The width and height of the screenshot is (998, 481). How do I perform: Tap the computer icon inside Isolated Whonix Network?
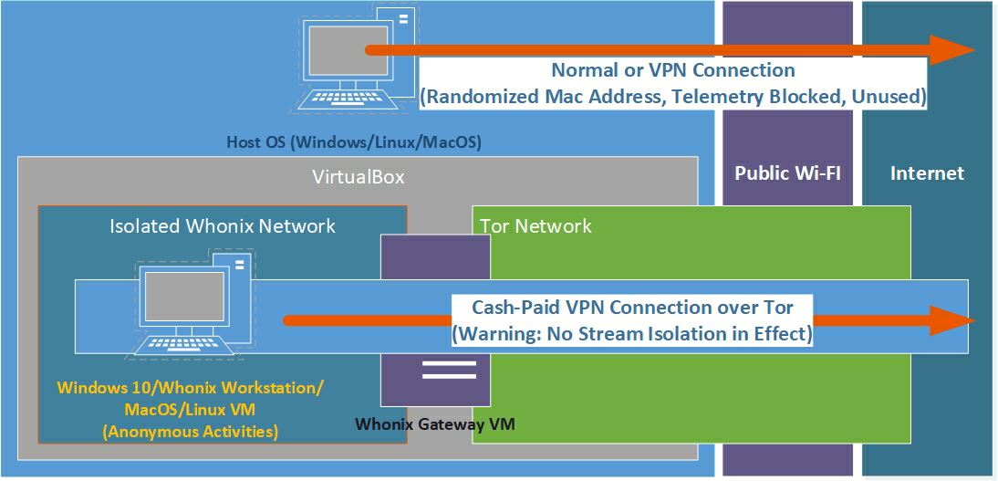[187, 305]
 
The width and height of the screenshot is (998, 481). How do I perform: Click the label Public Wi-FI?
[787, 173]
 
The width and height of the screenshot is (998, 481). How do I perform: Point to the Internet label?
[927, 173]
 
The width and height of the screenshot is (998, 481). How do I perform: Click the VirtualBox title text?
[358, 177]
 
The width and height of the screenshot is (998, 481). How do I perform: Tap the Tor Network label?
[536, 225]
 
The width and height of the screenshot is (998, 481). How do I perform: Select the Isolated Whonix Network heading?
[223, 225]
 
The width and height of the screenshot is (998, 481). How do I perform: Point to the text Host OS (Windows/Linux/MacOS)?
[353, 142]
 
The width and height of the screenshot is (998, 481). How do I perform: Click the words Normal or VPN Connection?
[672, 70]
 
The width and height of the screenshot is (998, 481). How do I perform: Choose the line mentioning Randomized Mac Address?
[672, 96]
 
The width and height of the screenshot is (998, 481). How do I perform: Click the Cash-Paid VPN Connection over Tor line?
[632, 308]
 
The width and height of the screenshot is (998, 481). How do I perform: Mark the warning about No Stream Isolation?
[632, 334]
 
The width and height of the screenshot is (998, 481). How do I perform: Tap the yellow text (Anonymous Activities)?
[191, 431]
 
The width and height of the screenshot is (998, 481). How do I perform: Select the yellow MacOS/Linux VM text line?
[191, 409]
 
